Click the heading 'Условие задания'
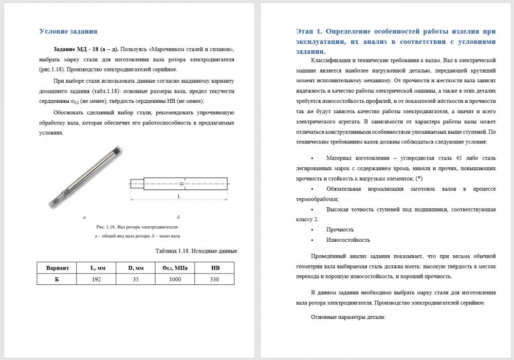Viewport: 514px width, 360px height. (68, 31)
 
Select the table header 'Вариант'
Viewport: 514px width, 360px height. (57, 267)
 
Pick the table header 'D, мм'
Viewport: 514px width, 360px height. (136, 267)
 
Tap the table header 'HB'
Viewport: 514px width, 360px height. (214, 267)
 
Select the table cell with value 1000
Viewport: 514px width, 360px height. (175, 279)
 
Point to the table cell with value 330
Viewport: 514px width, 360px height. (214, 279)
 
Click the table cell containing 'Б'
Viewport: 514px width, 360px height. (57, 279)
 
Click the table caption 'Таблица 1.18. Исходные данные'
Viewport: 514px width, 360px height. (196, 251)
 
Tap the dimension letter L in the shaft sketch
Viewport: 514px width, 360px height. (179, 196)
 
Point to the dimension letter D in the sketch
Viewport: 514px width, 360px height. (181, 183)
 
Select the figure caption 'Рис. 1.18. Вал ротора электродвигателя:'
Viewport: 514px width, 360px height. (137, 226)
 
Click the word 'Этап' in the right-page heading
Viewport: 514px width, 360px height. (306, 31)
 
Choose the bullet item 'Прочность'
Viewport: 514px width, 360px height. (340, 229)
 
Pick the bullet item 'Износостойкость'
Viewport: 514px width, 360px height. (348, 240)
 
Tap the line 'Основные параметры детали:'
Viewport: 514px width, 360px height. (348, 317)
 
